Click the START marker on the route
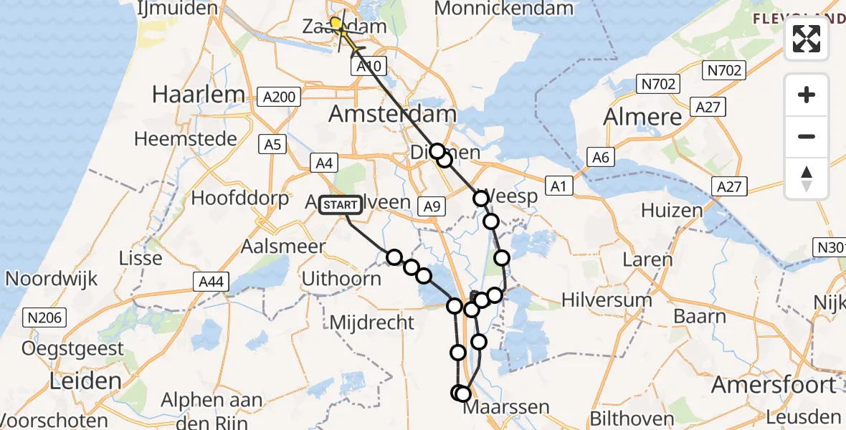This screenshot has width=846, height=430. (x=340, y=206)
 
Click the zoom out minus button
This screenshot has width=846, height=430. (x=807, y=136)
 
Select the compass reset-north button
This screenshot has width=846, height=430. (x=807, y=178)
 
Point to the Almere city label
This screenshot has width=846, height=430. (x=644, y=117)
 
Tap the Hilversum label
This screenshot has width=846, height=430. (x=607, y=300)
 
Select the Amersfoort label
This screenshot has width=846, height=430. (x=773, y=385)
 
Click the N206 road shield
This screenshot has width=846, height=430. (x=46, y=317)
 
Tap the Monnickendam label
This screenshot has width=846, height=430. (x=504, y=9)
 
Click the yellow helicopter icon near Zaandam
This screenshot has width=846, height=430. (x=343, y=32)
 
